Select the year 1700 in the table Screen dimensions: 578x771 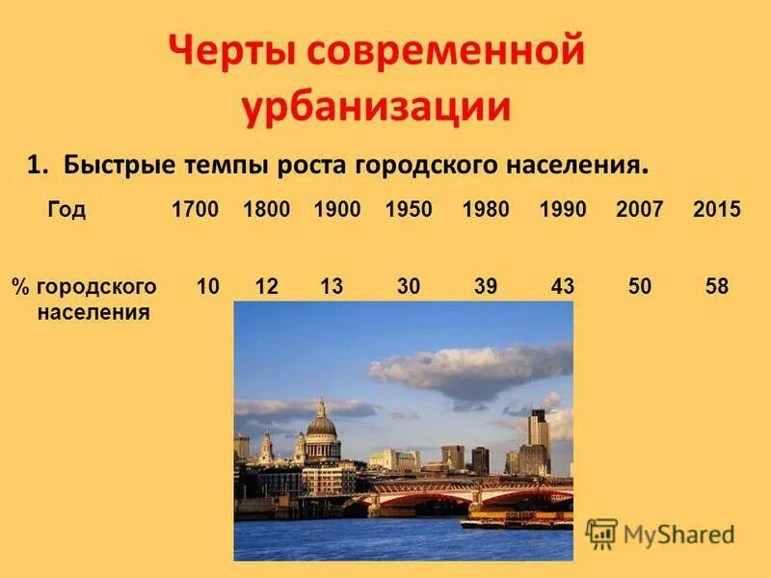[196, 209]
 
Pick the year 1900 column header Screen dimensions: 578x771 [337, 209]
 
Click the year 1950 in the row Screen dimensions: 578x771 [409, 209]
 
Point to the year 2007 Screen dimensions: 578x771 [640, 209]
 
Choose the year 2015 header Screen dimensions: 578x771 [717, 209]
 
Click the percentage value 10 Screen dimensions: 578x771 [207, 286]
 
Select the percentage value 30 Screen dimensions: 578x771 [408, 286]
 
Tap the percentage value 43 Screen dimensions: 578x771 [562, 286]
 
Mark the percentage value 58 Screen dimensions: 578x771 [716, 286]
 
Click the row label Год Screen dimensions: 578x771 [66, 210]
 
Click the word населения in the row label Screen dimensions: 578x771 [93, 312]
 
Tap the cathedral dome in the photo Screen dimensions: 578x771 [321, 424]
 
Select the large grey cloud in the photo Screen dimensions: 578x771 [472, 371]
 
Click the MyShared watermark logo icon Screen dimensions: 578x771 [601, 533]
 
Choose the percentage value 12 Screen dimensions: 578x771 [267, 286]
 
